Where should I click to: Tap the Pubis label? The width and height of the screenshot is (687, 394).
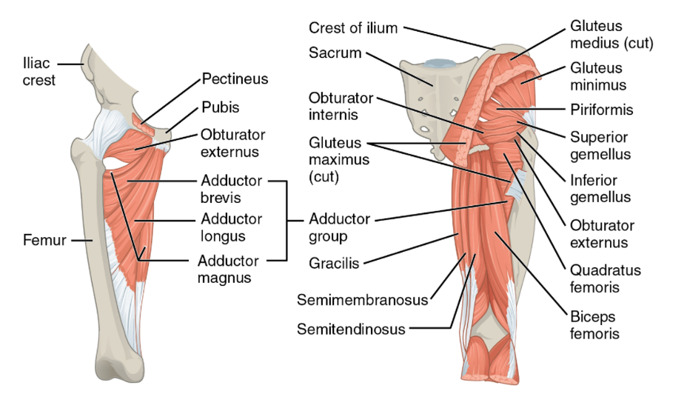tap(221, 107)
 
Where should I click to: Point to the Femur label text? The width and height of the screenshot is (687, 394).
tap(44, 240)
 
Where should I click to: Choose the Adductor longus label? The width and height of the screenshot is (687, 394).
tap(231, 227)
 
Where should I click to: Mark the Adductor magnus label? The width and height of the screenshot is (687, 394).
tap(228, 270)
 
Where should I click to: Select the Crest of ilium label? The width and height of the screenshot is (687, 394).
tap(353, 28)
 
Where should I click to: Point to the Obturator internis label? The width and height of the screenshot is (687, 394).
tap(341, 107)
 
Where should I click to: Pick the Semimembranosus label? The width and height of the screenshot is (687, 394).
tap(362, 300)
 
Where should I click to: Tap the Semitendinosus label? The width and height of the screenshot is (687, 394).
tap(351, 329)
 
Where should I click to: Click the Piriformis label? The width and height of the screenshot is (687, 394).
tap(601, 110)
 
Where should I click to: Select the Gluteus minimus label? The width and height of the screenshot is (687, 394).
tap(598, 76)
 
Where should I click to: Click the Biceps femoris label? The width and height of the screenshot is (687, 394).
tap(594, 324)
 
